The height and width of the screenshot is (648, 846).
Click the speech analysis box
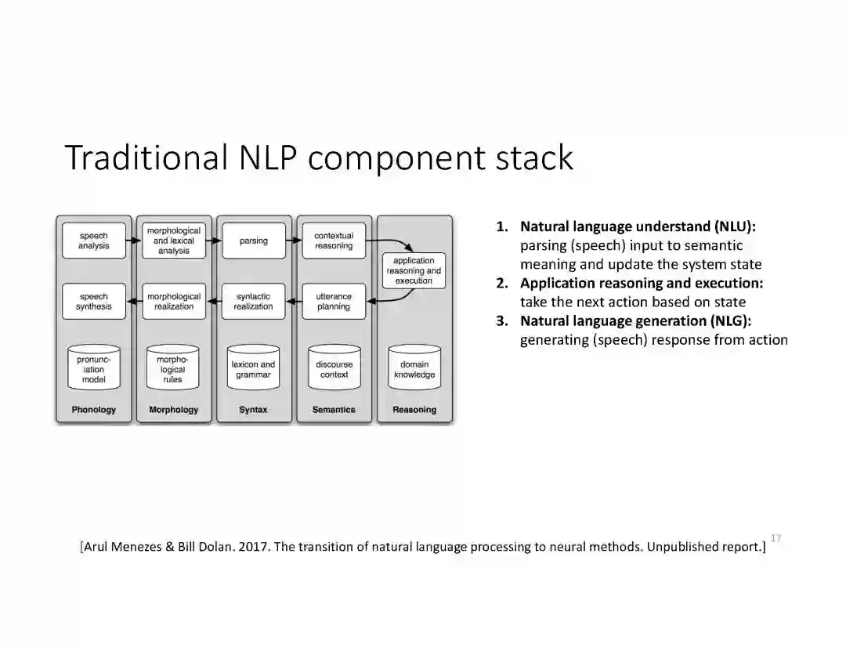pos(93,241)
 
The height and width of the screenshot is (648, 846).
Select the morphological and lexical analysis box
pos(174,241)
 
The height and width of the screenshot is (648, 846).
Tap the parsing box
pos(253,241)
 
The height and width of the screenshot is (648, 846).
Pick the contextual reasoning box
pos(334,241)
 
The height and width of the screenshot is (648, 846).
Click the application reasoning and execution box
pos(414,270)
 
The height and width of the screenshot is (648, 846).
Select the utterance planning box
pos(334,302)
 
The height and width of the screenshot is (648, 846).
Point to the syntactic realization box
pos(253,302)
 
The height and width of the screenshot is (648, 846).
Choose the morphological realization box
pos(174,302)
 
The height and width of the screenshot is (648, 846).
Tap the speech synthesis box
pos(93,302)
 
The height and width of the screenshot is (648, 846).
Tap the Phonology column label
pos(93,410)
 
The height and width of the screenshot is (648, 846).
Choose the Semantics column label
pos(334,410)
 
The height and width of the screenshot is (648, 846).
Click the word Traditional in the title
pos(143,157)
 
